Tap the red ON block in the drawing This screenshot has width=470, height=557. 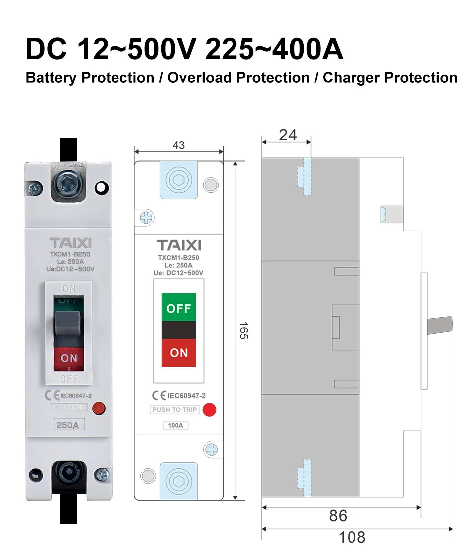point(179,353)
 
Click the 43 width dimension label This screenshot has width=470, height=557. point(178,145)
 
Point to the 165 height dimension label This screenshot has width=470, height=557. point(243,331)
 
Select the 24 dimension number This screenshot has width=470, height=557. point(288,135)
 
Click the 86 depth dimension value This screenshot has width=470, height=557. point(338,516)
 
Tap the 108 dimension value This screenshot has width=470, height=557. point(352,538)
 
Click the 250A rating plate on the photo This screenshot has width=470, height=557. point(69,425)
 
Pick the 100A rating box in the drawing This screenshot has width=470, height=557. point(176,426)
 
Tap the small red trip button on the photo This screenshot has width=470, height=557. point(100,408)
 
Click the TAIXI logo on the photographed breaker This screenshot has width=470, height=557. point(70,243)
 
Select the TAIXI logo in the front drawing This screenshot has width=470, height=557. point(179,245)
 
